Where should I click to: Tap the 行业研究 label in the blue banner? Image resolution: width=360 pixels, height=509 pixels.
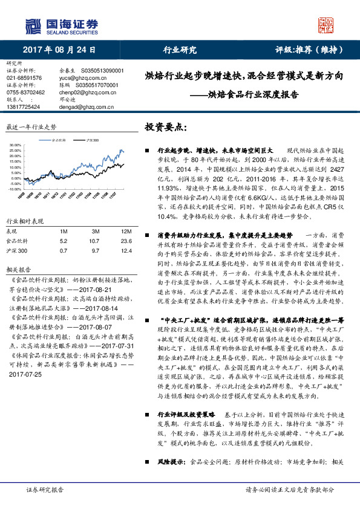click(x=180, y=50)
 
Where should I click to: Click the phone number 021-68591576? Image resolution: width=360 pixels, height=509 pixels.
click(x=24, y=78)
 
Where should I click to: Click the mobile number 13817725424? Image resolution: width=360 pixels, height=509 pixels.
click(x=24, y=106)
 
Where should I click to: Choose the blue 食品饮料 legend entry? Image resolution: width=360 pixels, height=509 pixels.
click(x=58, y=139)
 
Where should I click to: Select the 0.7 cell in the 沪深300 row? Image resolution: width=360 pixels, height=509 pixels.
click(x=64, y=250)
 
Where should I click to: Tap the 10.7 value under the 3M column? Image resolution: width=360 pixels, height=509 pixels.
click(x=96, y=241)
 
